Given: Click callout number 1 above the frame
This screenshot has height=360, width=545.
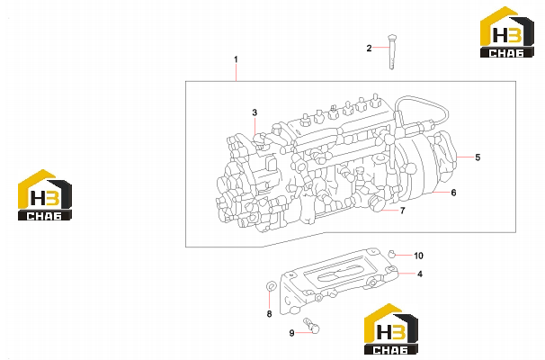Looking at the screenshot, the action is click(x=236, y=59).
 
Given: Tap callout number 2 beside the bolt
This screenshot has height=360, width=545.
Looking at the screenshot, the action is click(x=369, y=48).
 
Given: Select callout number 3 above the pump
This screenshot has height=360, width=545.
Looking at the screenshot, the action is click(x=255, y=112).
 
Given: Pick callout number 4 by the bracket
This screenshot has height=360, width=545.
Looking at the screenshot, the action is click(x=420, y=274).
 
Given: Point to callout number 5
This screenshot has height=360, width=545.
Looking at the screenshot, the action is click(x=478, y=157).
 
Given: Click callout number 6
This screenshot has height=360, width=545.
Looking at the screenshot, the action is click(x=453, y=193).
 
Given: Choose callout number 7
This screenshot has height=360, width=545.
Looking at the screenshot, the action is click(x=403, y=211).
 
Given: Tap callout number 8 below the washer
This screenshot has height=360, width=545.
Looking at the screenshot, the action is click(x=270, y=314).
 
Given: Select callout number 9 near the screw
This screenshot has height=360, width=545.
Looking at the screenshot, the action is click(x=292, y=333).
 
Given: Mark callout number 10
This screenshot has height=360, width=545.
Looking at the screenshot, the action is click(x=418, y=256).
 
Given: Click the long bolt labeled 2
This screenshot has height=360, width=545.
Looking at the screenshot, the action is click(x=392, y=52).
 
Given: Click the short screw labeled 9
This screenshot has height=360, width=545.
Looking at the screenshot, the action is click(x=312, y=326).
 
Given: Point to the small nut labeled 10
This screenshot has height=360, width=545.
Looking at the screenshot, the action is click(x=392, y=254).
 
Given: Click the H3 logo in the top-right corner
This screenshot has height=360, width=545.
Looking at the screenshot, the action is click(x=507, y=32).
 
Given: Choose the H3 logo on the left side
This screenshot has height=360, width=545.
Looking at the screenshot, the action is click(x=45, y=194).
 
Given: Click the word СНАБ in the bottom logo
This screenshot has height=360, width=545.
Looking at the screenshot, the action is click(x=391, y=349).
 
